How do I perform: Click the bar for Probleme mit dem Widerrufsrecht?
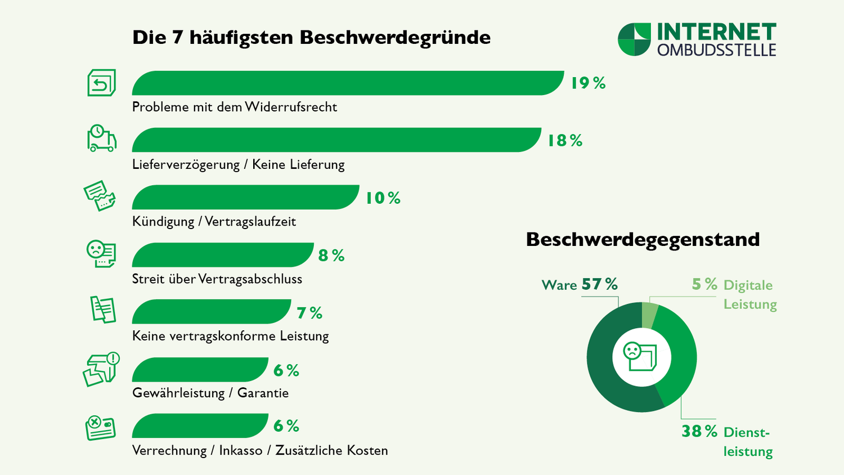point(348,83)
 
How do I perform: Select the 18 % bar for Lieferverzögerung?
point(336,140)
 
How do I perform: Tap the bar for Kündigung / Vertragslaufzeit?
point(245,198)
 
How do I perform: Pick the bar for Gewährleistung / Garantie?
point(200,370)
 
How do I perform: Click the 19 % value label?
point(588,83)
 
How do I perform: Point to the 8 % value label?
point(331,256)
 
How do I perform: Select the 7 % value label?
point(309,313)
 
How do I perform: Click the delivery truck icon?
point(101,139)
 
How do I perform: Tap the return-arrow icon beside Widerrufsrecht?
point(101,83)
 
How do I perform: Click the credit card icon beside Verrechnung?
point(100,428)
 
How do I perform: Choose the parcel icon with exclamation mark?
point(101,369)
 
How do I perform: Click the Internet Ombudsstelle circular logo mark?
point(634,39)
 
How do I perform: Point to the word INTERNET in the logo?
point(717,32)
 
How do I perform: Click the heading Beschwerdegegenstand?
point(643,240)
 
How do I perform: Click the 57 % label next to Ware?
point(599,285)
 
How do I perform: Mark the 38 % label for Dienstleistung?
point(699,432)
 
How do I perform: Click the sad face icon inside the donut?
point(632,352)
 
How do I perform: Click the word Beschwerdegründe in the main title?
point(394,38)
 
